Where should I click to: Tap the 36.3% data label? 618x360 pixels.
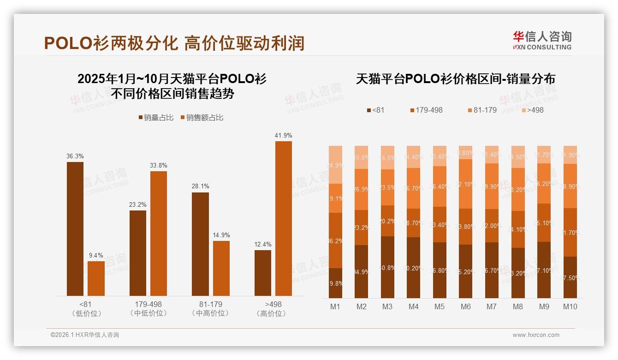coord(75,156)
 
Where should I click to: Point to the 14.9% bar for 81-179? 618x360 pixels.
coord(221,268)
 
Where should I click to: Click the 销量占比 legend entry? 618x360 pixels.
coord(156,118)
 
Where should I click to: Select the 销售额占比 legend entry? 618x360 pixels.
coord(202,118)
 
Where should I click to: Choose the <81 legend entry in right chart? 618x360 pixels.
coord(375,110)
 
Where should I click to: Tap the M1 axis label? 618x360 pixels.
coord(335,306)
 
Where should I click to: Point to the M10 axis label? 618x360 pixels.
coord(570,306)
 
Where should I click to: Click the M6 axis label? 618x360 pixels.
coord(466,306)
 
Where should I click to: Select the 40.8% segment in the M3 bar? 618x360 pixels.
coord(387,267)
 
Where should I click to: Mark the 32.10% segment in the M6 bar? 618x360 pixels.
coord(466,184)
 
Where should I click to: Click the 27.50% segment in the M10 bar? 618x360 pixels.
coord(570,277)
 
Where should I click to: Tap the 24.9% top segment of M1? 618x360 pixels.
coord(335,165)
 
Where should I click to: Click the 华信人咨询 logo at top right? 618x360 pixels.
coord(542,40)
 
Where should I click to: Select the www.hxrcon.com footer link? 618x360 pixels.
coord(536,335)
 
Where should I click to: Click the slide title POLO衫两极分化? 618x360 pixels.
coord(111,43)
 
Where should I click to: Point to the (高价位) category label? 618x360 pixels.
coord(273,313)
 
